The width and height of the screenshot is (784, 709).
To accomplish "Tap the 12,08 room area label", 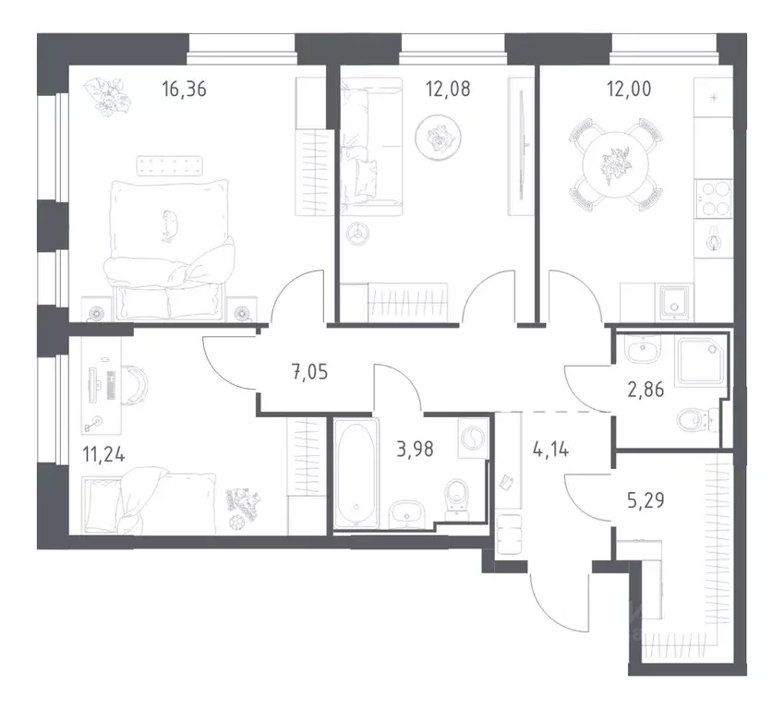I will [446, 90].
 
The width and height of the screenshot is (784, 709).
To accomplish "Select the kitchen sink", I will [675, 299].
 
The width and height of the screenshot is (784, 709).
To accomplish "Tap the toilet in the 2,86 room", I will [692, 421].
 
